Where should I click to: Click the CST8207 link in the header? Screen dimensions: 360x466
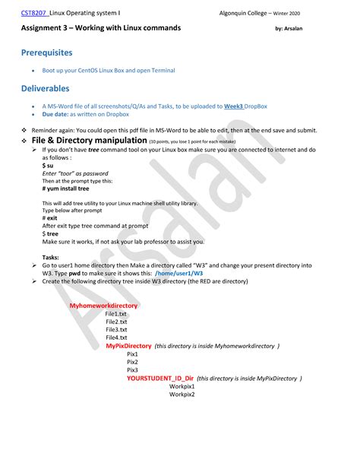33,13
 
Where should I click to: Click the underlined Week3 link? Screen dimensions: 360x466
235,106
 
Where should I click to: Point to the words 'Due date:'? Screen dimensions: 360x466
55,114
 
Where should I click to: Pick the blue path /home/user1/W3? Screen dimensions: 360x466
178,273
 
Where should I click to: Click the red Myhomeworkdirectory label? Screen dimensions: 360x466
103,306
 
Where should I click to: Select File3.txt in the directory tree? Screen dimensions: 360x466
116,329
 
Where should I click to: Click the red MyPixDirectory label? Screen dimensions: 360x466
128,346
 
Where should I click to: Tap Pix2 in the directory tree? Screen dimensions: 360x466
132,362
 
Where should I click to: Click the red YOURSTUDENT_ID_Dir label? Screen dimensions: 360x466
160,379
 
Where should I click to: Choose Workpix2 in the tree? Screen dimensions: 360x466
182,395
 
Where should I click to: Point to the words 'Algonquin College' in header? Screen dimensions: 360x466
244,14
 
